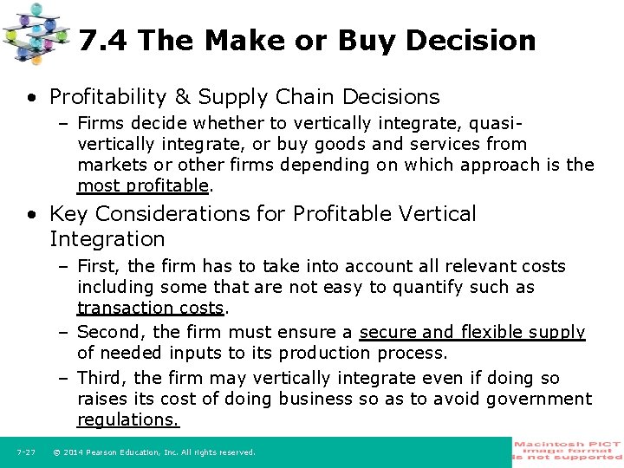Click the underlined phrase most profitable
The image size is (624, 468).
tap(143, 185)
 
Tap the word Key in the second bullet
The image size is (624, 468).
tap(70, 213)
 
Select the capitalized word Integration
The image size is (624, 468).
tap(107, 238)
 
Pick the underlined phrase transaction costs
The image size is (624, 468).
tap(151, 308)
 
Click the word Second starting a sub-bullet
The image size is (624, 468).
tap(112, 332)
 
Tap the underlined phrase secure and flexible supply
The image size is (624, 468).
tap(472, 332)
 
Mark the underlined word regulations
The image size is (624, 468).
tap(128, 419)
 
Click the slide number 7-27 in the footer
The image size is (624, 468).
tap(25, 452)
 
